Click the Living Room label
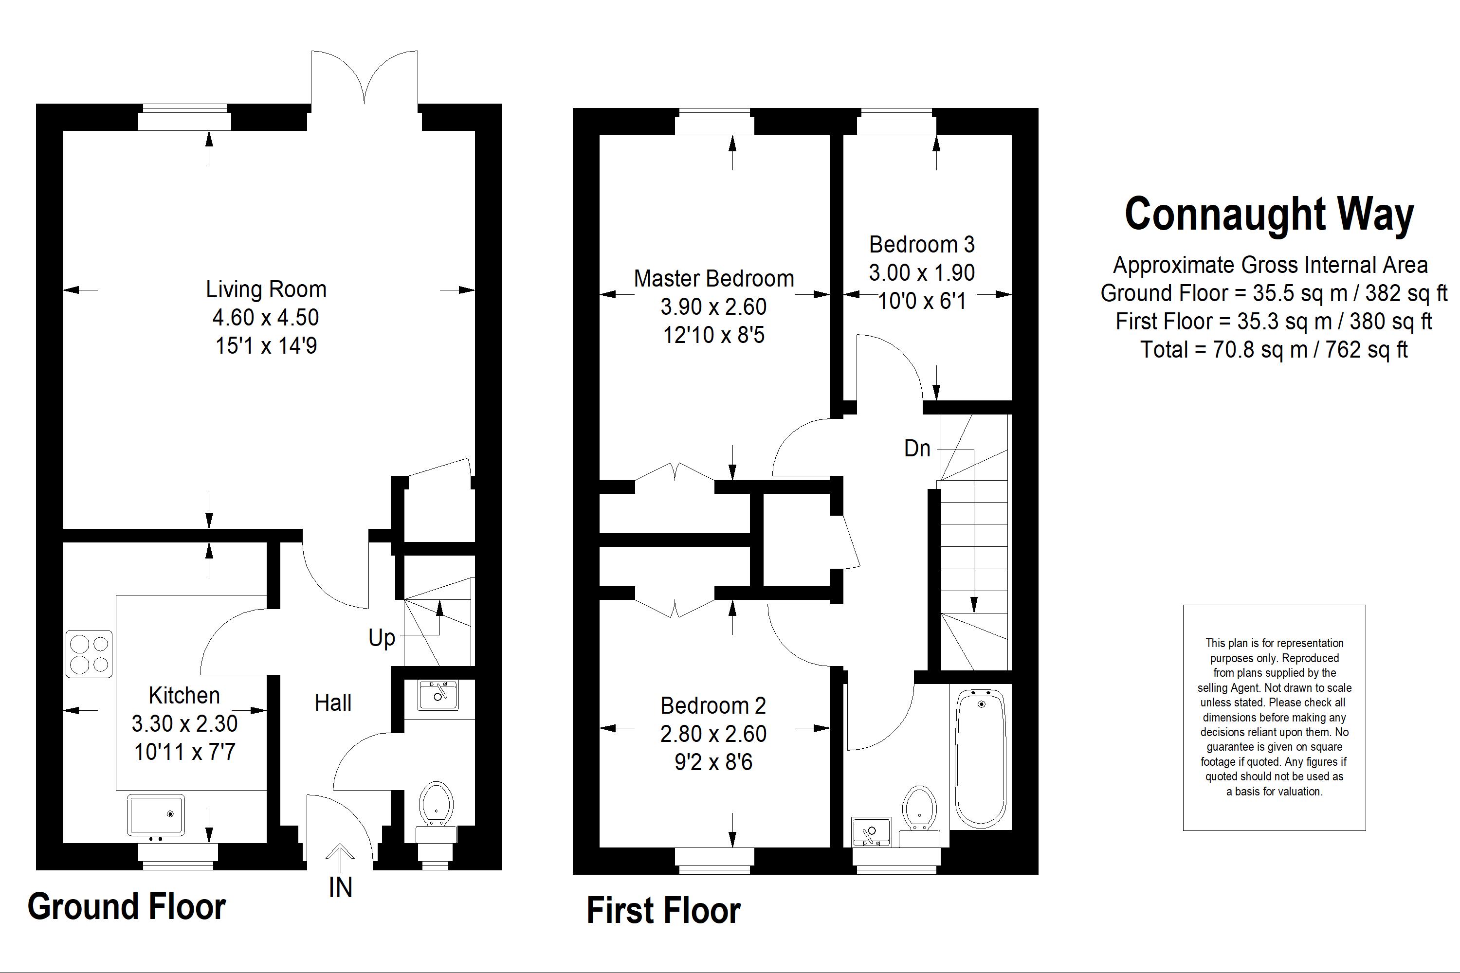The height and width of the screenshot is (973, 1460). coord(266,289)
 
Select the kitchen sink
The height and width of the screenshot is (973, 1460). coord(156,814)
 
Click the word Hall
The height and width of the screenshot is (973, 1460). coord(333,703)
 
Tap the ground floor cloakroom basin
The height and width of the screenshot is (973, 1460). coord(438,695)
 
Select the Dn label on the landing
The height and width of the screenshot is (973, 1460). coord(917,448)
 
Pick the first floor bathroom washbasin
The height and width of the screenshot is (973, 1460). coord(872,831)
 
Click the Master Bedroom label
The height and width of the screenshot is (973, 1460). coord(714,279)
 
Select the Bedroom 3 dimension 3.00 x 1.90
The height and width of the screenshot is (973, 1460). coord(922,272)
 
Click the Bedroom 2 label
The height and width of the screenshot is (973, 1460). coord(713,705)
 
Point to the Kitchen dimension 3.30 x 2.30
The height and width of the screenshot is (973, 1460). coord(184,723)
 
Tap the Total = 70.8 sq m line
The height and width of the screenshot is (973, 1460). coord(1274,349)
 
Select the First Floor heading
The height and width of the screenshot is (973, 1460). coord(664,910)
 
